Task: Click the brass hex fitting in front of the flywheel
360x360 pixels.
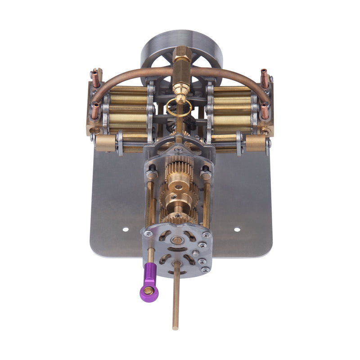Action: pos(181,67)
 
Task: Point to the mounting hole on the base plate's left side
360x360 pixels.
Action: pos(125,229)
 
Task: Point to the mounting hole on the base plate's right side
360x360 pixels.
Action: pos(237,229)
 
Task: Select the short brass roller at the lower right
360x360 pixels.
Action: pos(255,143)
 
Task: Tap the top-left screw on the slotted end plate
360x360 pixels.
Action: pos(148,234)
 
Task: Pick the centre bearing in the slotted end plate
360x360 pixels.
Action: pos(177,241)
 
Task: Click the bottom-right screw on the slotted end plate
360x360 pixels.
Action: pos(206,269)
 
